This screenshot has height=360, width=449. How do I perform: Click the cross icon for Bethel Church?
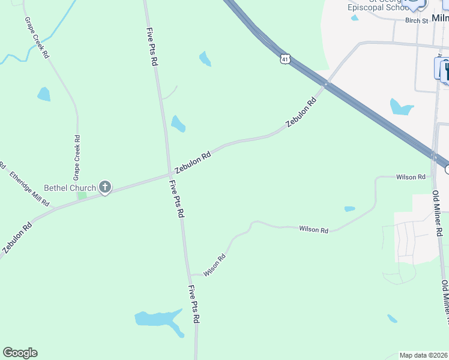pos(105,188)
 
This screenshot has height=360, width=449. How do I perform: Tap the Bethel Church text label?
pos(70,188)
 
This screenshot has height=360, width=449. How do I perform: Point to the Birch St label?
pos(417,20)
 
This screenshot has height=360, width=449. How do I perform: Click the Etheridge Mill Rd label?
pos(29,189)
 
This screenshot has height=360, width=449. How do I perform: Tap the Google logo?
pos(20,353)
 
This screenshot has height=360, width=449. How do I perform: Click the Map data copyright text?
pos(424,355)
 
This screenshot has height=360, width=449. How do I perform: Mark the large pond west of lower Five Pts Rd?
pos(157,319)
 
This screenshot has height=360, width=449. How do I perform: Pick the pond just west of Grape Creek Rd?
pos(44,94)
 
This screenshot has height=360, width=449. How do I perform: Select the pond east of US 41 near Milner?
pos(400,107)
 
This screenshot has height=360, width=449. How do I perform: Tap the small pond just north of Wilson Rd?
pos(349,209)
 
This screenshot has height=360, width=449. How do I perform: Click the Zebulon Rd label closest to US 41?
pos(301,112)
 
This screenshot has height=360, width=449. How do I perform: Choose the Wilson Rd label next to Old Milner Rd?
pos(411,177)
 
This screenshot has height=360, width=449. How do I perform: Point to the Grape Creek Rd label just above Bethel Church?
pos(77,158)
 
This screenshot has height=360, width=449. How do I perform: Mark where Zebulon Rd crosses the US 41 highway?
pos(325,85)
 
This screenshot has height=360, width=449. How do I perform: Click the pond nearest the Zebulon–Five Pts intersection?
pos(178,124)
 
